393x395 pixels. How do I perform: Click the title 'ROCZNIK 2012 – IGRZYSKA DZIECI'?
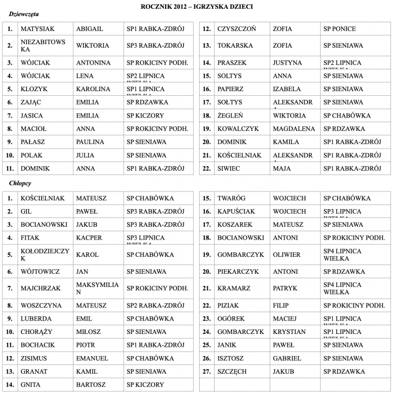click(x=196, y=6)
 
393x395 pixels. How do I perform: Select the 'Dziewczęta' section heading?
click(x=24, y=14)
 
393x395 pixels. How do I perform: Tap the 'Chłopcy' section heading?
click(x=21, y=184)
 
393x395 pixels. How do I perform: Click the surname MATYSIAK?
click(x=38, y=29)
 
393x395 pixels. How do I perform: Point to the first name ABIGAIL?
click(x=89, y=29)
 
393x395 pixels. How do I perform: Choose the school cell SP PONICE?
click(x=339, y=29)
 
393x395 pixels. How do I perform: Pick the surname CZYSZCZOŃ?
click(x=236, y=29)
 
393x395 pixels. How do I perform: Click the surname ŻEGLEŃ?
click(x=230, y=115)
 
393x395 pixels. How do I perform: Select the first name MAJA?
click(x=282, y=168)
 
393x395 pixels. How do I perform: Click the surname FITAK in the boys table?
click(x=30, y=238)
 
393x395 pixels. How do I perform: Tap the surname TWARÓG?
click(x=231, y=198)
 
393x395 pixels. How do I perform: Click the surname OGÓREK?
click(x=231, y=318)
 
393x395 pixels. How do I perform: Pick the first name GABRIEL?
click(x=286, y=358)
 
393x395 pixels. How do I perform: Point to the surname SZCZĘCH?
click(x=232, y=371)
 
